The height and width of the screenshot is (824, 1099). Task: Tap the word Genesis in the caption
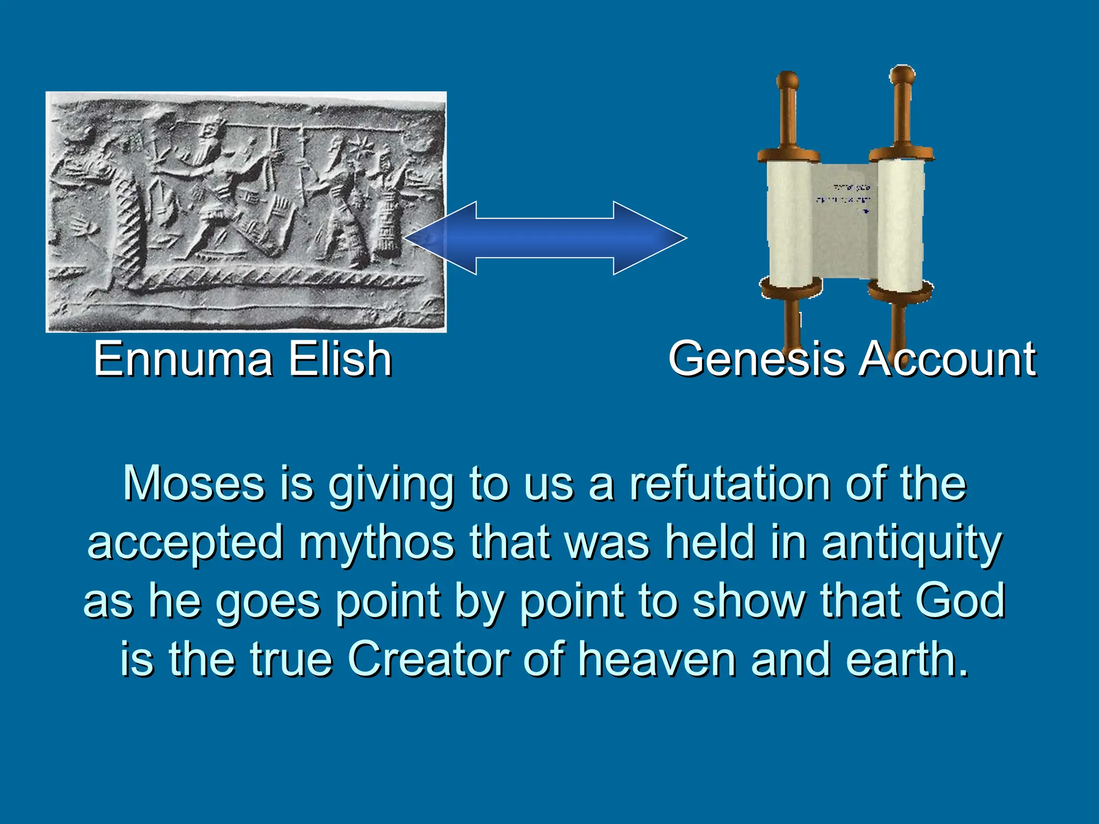(x=756, y=359)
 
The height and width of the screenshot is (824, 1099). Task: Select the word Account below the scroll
(x=947, y=359)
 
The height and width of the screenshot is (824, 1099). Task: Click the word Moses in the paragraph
(x=194, y=484)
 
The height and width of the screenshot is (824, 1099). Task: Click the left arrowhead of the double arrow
(x=437, y=238)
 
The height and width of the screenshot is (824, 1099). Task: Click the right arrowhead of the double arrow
(x=652, y=238)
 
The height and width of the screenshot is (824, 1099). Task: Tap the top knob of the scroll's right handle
(x=902, y=75)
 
